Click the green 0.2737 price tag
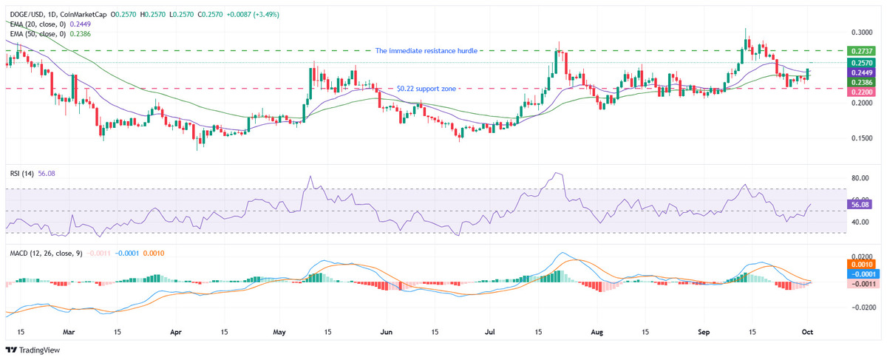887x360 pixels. point(860,51)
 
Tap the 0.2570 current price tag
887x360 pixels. point(860,64)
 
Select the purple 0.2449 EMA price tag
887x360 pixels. point(860,73)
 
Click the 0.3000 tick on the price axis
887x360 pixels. point(859,33)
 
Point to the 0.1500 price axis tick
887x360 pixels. point(859,138)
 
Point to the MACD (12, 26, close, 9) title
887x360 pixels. point(45,254)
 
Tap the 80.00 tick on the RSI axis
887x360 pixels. point(859,178)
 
